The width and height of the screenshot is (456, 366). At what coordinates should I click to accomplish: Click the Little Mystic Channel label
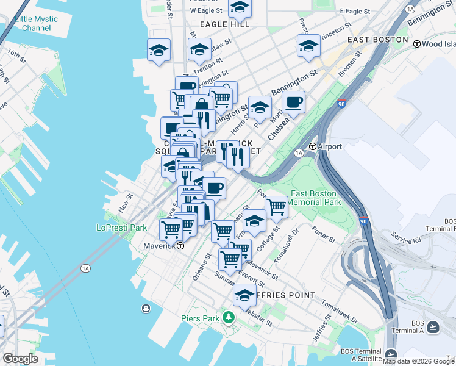click(x=37, y=24)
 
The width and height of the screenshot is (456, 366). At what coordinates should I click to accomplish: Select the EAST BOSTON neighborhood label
click(x=377, y=39)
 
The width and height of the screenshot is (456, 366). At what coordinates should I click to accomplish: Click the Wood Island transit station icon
click(x=417, y=44)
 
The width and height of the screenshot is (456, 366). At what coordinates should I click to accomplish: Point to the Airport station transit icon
click(x=313, y=146)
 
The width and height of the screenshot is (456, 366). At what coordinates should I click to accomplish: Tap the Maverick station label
click(x=154, y=246)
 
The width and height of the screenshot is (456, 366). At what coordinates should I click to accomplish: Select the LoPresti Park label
click(x=122, y=228)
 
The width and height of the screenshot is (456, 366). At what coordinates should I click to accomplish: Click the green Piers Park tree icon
click(x=228, y=317)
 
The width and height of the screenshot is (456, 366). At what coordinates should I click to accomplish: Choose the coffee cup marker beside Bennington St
click(x=294, y=103)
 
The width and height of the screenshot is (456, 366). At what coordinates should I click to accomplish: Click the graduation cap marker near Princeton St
click(x=308, y=46)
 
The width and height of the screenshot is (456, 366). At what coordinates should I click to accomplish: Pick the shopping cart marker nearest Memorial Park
click(x=276, y=207)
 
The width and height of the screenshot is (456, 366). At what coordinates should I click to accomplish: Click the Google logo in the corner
click(x=20, y=359)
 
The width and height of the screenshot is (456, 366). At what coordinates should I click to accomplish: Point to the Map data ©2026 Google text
click(x=418, y=361)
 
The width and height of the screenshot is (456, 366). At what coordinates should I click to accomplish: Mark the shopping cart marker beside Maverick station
click(x=171, y=230)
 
